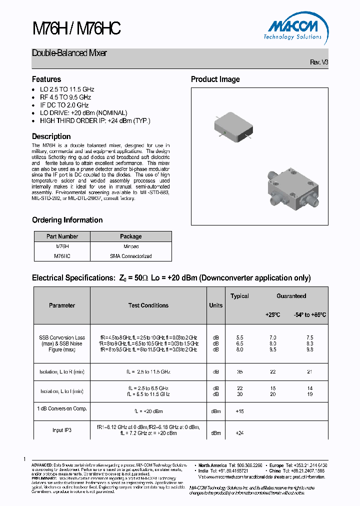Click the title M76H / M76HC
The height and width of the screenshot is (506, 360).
pos(76,29)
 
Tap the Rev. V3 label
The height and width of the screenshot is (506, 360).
pos(319,62)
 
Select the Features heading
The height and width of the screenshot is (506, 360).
pos(46,79)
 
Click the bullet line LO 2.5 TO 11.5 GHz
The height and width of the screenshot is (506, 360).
pos(67,89)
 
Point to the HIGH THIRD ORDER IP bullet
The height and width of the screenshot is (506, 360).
pos(95,120)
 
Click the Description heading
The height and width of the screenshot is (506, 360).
pos(51,136)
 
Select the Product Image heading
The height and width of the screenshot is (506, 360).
pos(215,79)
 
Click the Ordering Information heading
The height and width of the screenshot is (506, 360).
pos(67,220)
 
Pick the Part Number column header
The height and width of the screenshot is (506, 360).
pos(62,236)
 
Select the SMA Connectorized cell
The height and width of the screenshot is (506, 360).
pos(130,256)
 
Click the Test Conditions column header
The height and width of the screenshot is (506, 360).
pos(148,305)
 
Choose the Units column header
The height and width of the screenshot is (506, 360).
pos(216,305)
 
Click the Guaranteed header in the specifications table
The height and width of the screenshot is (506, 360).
pos(291,296)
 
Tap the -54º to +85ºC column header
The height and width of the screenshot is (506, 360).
pos(309,315)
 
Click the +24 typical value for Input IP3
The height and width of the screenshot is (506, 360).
pos(239,433)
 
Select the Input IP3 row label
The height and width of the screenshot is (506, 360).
pos(61,430)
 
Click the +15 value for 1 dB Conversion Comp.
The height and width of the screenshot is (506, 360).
pos(239,411)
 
